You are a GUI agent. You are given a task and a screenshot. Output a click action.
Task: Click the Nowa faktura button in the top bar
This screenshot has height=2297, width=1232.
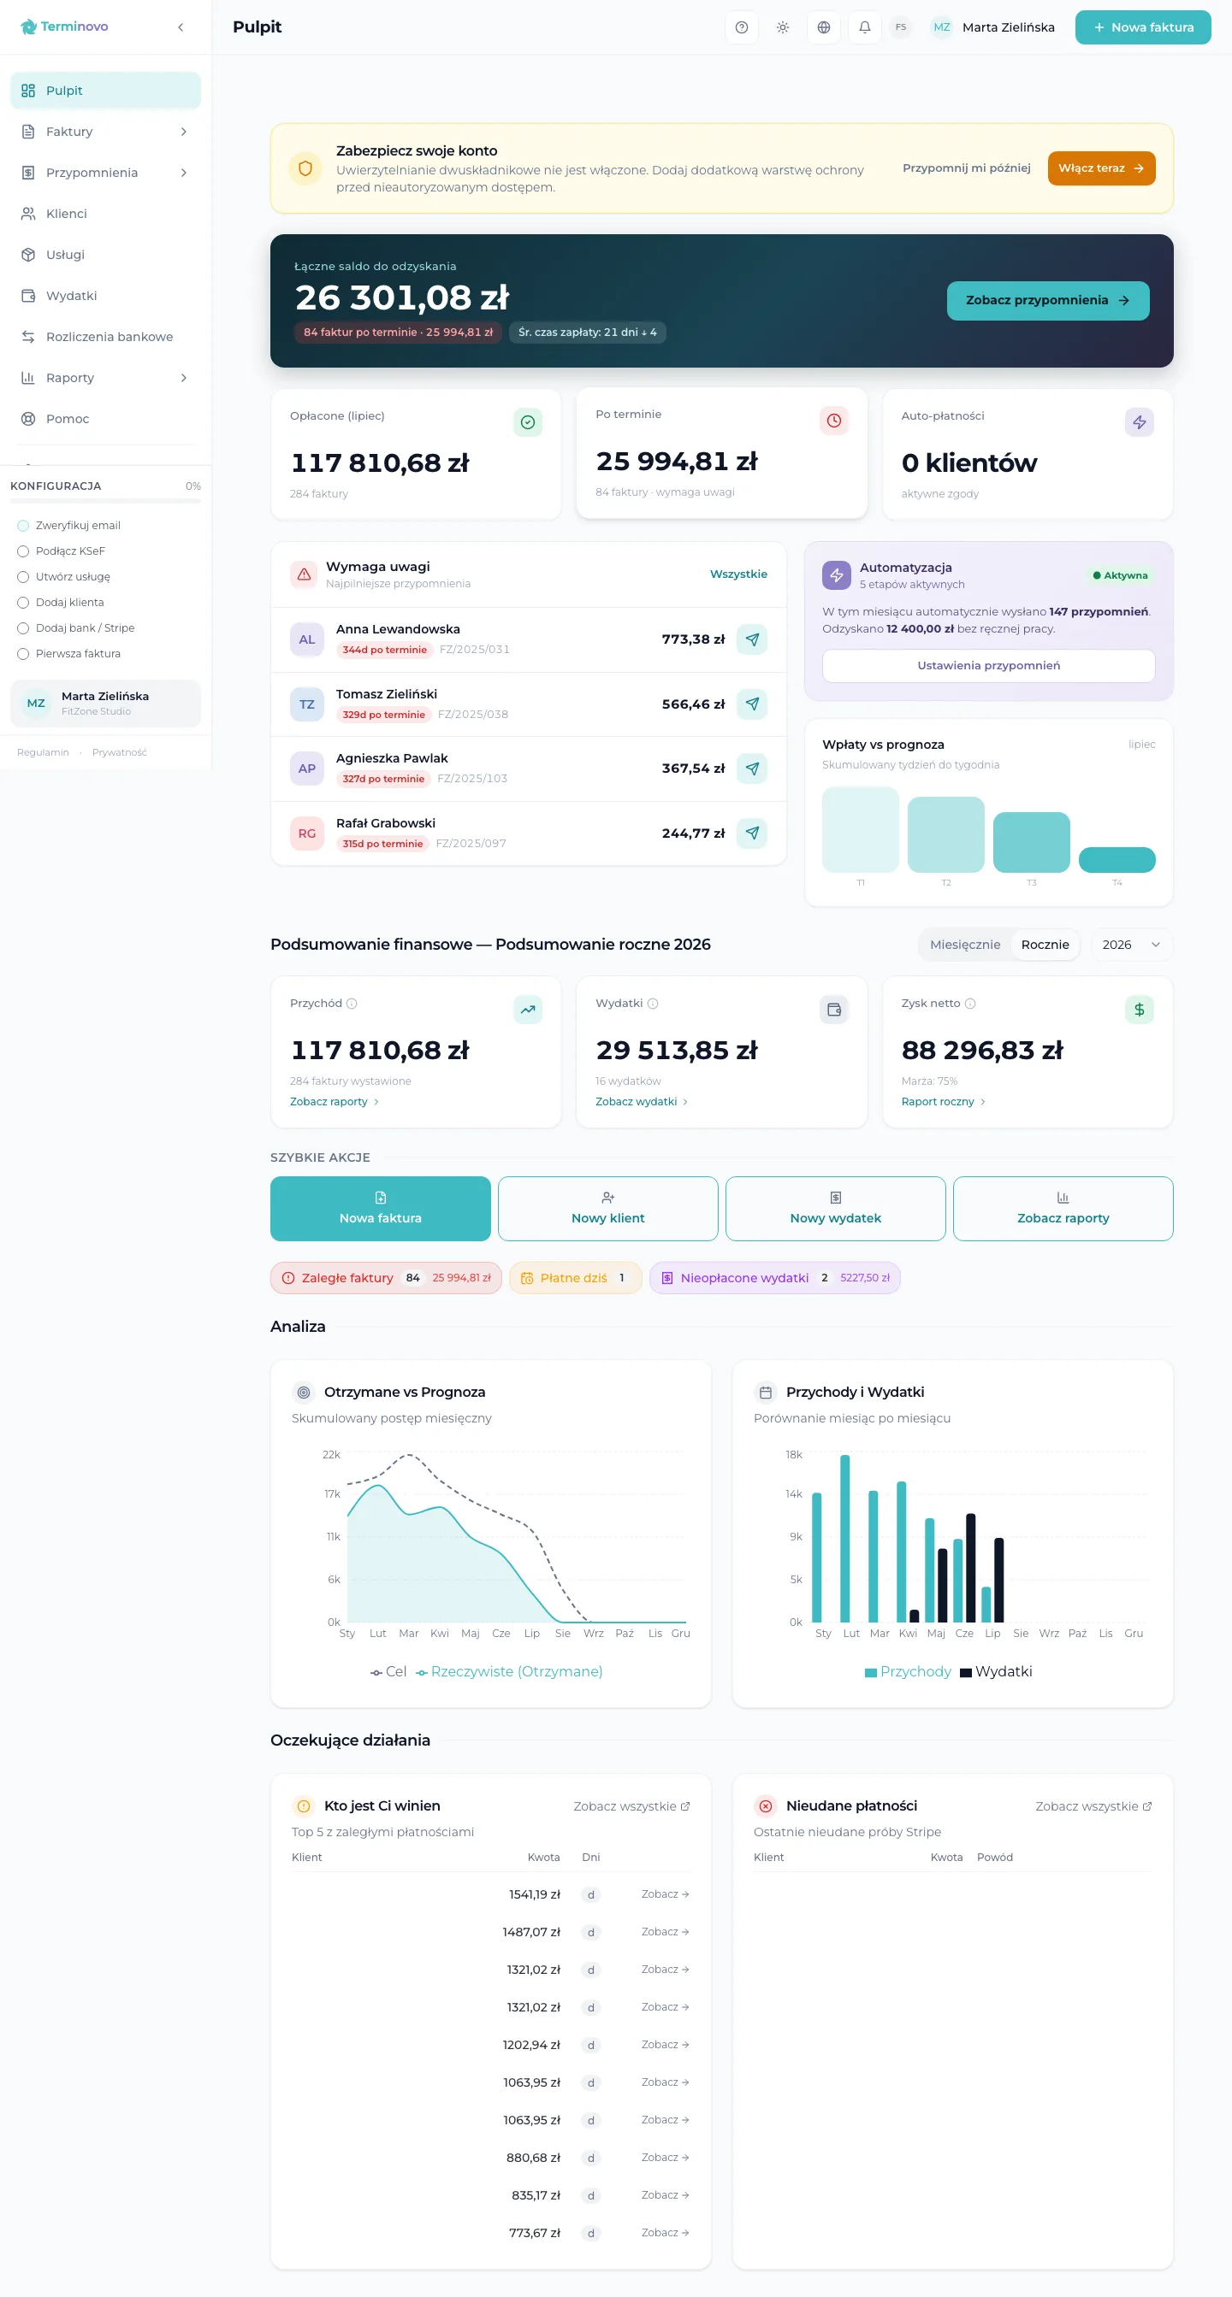1142,27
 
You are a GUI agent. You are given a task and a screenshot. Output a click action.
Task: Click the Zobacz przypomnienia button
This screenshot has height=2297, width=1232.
1047,301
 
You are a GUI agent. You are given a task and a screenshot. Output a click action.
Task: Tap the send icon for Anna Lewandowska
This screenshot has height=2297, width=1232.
752,639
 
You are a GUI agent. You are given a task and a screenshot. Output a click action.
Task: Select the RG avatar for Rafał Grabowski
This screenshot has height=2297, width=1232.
307,833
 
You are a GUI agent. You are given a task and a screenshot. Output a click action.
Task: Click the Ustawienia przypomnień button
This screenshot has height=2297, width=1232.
988,665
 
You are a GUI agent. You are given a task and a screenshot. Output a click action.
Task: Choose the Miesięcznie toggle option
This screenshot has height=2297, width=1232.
964,945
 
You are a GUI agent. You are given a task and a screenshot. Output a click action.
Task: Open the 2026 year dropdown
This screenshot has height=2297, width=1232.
1131,945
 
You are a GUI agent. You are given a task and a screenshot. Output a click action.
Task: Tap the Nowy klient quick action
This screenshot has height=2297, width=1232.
607,1208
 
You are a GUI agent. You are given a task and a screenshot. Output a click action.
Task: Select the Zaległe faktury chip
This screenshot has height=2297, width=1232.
385,1278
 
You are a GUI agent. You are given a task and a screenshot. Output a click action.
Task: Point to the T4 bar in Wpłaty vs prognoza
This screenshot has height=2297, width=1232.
1116,860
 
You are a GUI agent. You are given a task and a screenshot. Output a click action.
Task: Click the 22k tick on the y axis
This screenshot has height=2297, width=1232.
331,1454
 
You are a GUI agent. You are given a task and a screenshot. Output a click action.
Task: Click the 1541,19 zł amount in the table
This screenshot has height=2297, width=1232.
535,1894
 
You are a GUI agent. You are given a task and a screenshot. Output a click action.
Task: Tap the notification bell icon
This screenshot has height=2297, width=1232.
864,27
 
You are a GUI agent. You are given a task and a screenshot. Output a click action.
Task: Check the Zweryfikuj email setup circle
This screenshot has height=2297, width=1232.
23,525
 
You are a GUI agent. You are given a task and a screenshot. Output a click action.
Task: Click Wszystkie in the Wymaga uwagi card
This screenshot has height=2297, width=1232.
737,574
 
